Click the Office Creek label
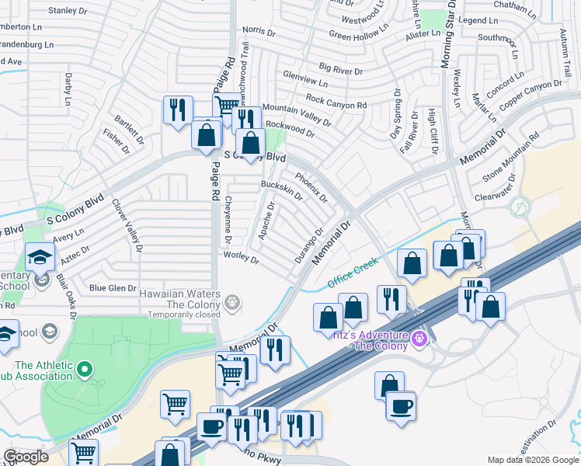pyautogui.click(x=352, y=273)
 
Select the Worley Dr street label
pyautogui.click(x=241, y=257)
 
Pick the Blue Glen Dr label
pyautogui.click(x=113, y=288)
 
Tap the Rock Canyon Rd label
pyautogui.click(x=336, y=101)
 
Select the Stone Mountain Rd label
pyautogui.click(x=510, y=159)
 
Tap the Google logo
pyautogui.click(x=26, y=457)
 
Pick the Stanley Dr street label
pyautogui.click(x=68, y=10)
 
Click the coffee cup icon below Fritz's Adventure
pyautogui.click(x=401, y=406)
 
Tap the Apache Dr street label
pyautogui.click(x=266, y=221)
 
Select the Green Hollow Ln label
pyautogui.click(x=358, y=34)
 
